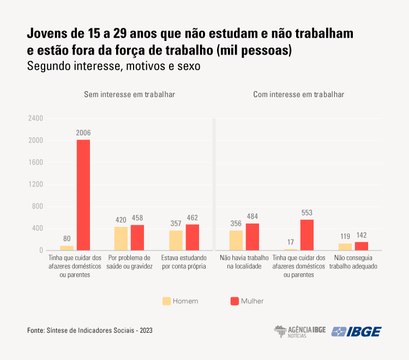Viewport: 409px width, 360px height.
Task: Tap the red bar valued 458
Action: pyautogui.click(x=138, y=237)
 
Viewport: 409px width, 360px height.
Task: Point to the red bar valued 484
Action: pyautogui.click(x=252, y=236)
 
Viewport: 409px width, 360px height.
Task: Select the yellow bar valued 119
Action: pyautogui.click(x=346, y=246)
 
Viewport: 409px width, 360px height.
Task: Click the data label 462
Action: pyautogui.click(x=193, y=217)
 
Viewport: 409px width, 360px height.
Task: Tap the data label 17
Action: pyautogui.click(x=290, y=241)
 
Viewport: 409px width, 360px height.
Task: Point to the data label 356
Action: pyautogui.click(x=236, y=223)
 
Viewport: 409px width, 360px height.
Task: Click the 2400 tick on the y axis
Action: pyautogui.click(x=36, y=118)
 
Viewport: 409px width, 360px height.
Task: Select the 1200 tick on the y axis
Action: pyautogui.click(x=36, y=184)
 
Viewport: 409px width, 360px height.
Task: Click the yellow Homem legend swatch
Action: pyautogui.click(x=167, y=299)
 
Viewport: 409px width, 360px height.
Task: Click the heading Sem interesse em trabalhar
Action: pyautogui.click(x=130, y=93)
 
